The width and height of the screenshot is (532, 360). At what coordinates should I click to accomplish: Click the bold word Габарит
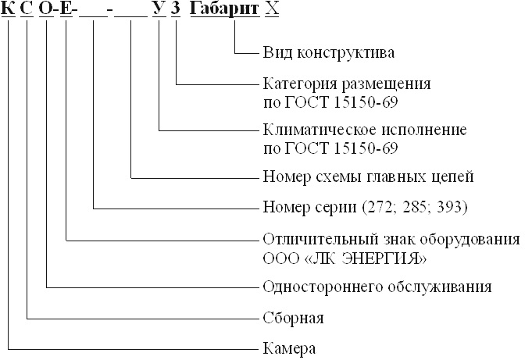[222, 13]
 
